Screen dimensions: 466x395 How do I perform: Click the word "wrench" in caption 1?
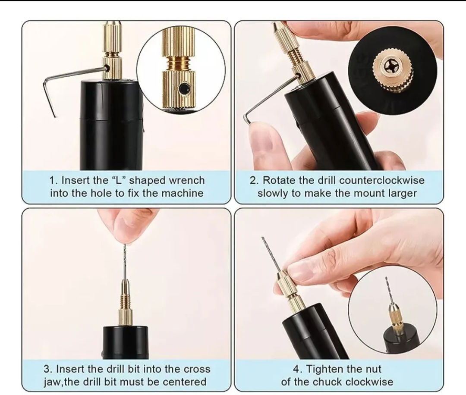[x=187, y=180]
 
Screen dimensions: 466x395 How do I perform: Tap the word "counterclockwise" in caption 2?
[x=381, y=180]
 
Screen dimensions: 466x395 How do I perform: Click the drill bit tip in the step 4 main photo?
[x=262, y=238]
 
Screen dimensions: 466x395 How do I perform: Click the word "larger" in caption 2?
[x=403, y=193]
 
